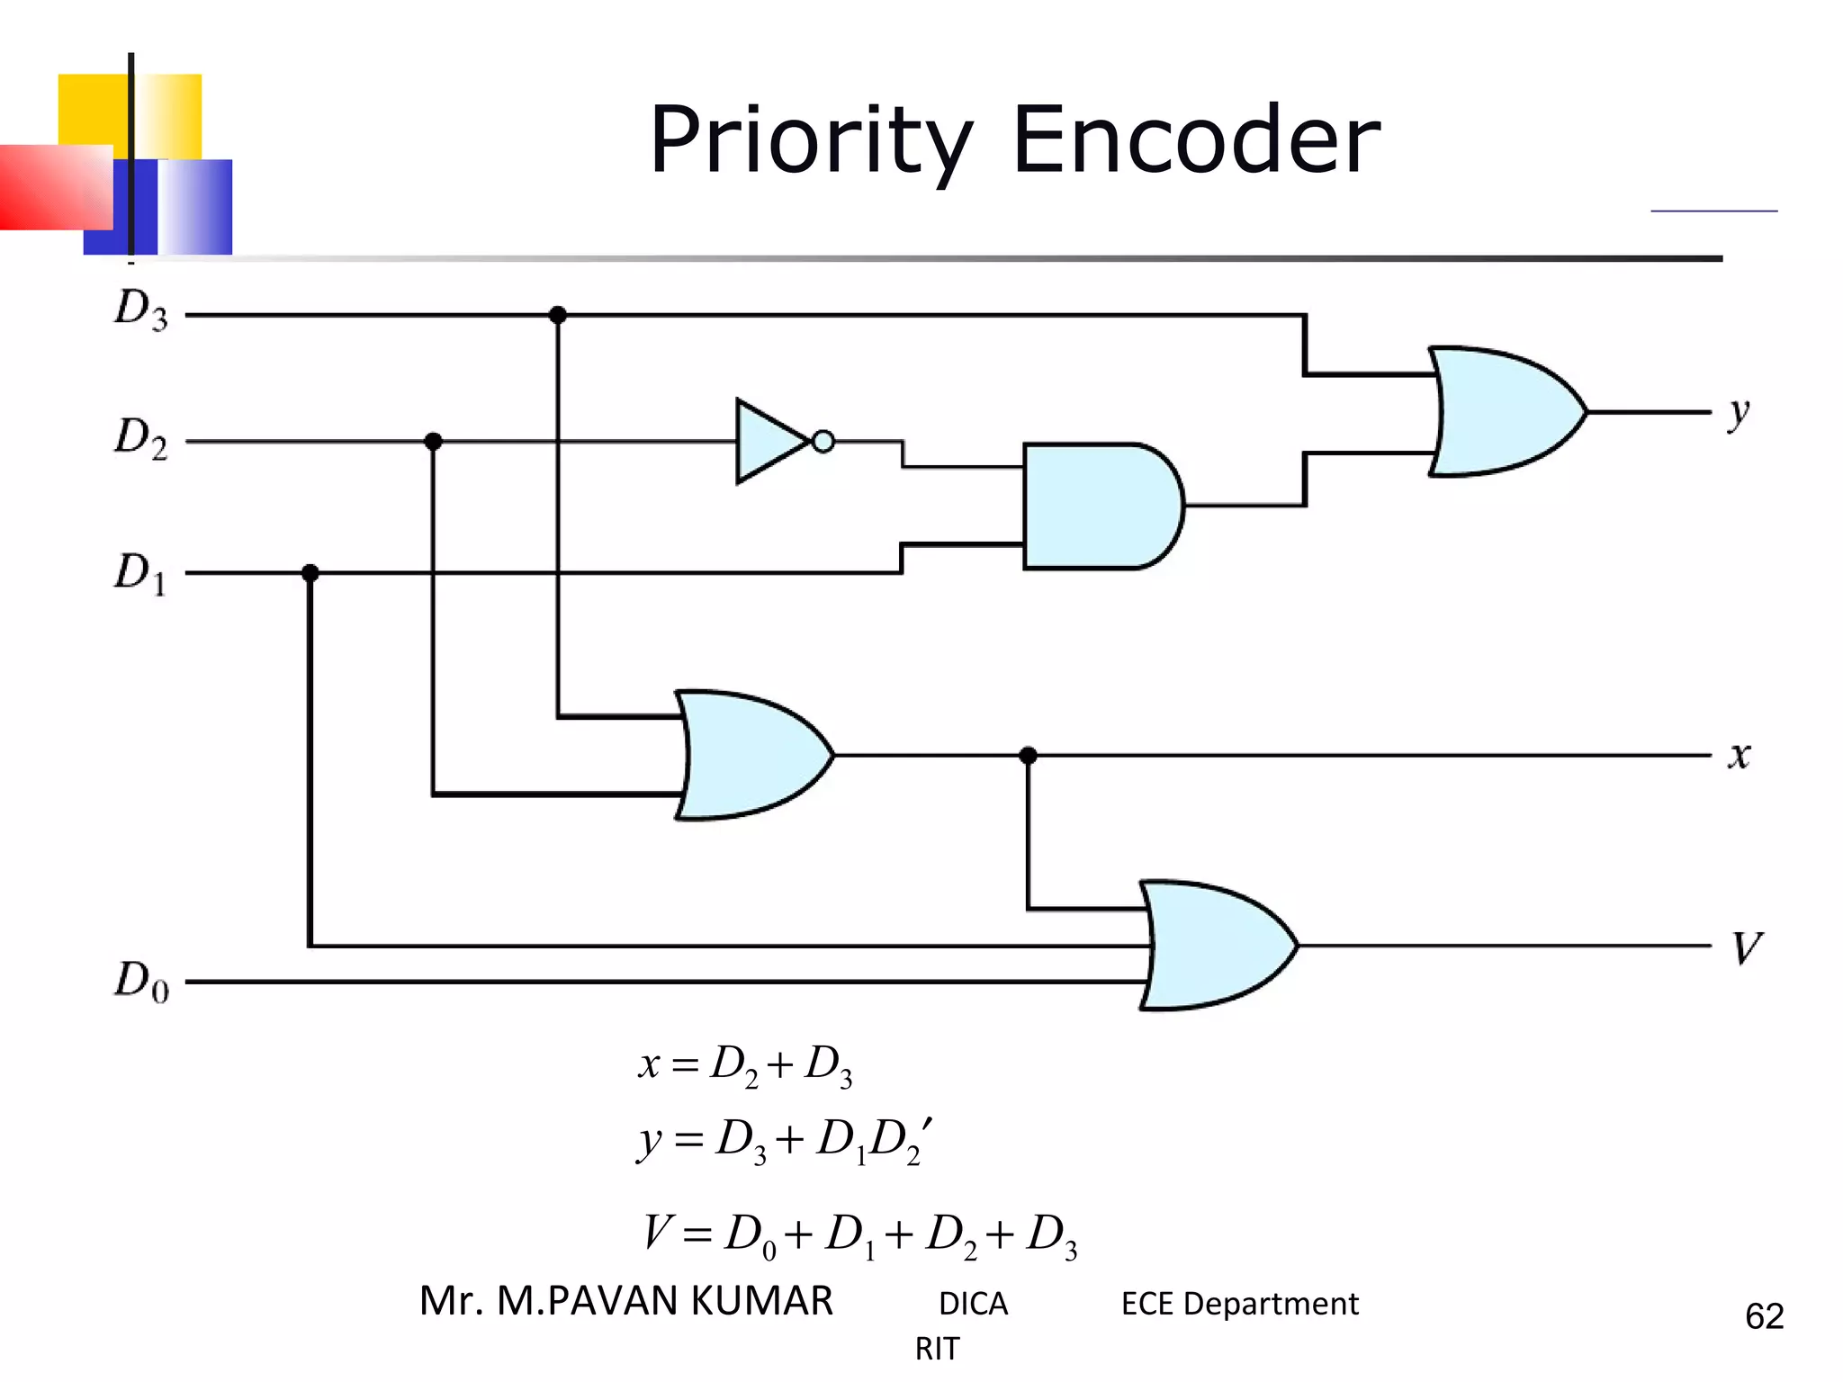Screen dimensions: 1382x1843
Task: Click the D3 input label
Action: point(141,310)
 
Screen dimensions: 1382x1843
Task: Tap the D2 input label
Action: point(141,438)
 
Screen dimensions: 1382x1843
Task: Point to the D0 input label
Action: point(141,981)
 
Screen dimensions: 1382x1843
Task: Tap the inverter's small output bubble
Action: point(823,442)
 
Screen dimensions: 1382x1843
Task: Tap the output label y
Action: point(1739,414)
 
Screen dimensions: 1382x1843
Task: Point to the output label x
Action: point(1739,755)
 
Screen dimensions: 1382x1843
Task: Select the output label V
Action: point(1746,947)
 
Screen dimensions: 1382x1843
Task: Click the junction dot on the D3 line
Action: point(558,315)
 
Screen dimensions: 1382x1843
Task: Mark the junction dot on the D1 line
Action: point(310,573)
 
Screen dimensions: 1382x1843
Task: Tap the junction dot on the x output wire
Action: point(1029,756)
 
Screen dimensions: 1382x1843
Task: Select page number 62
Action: point(1764,1316)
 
